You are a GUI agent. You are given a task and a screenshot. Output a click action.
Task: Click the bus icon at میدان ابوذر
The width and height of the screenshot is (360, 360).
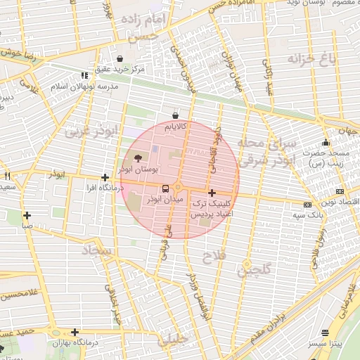tap(165, 188)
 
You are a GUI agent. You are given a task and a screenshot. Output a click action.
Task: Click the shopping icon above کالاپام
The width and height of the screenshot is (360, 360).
tap(175, 116)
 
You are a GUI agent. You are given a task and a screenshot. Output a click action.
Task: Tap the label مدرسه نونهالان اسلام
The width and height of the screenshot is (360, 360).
tap(77, 85)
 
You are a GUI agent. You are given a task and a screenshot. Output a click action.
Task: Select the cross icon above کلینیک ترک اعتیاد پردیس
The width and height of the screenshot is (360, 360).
tap(212, 192)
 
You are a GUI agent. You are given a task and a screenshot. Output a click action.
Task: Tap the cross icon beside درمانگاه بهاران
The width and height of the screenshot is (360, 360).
tap(75, 332)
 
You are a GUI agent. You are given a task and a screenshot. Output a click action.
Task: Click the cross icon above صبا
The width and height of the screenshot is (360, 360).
tap(27, 215)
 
